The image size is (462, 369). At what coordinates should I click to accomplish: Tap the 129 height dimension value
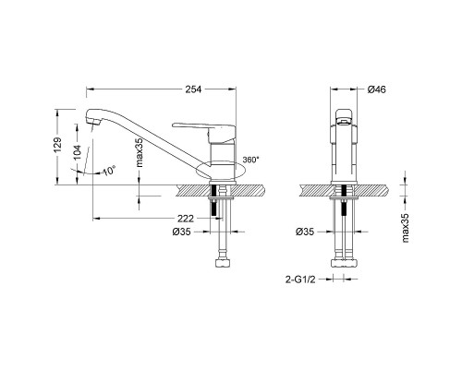click(58, 147)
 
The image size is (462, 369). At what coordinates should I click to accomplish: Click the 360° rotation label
click(249, 160)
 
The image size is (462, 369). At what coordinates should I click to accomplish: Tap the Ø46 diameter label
click(375, 89)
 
